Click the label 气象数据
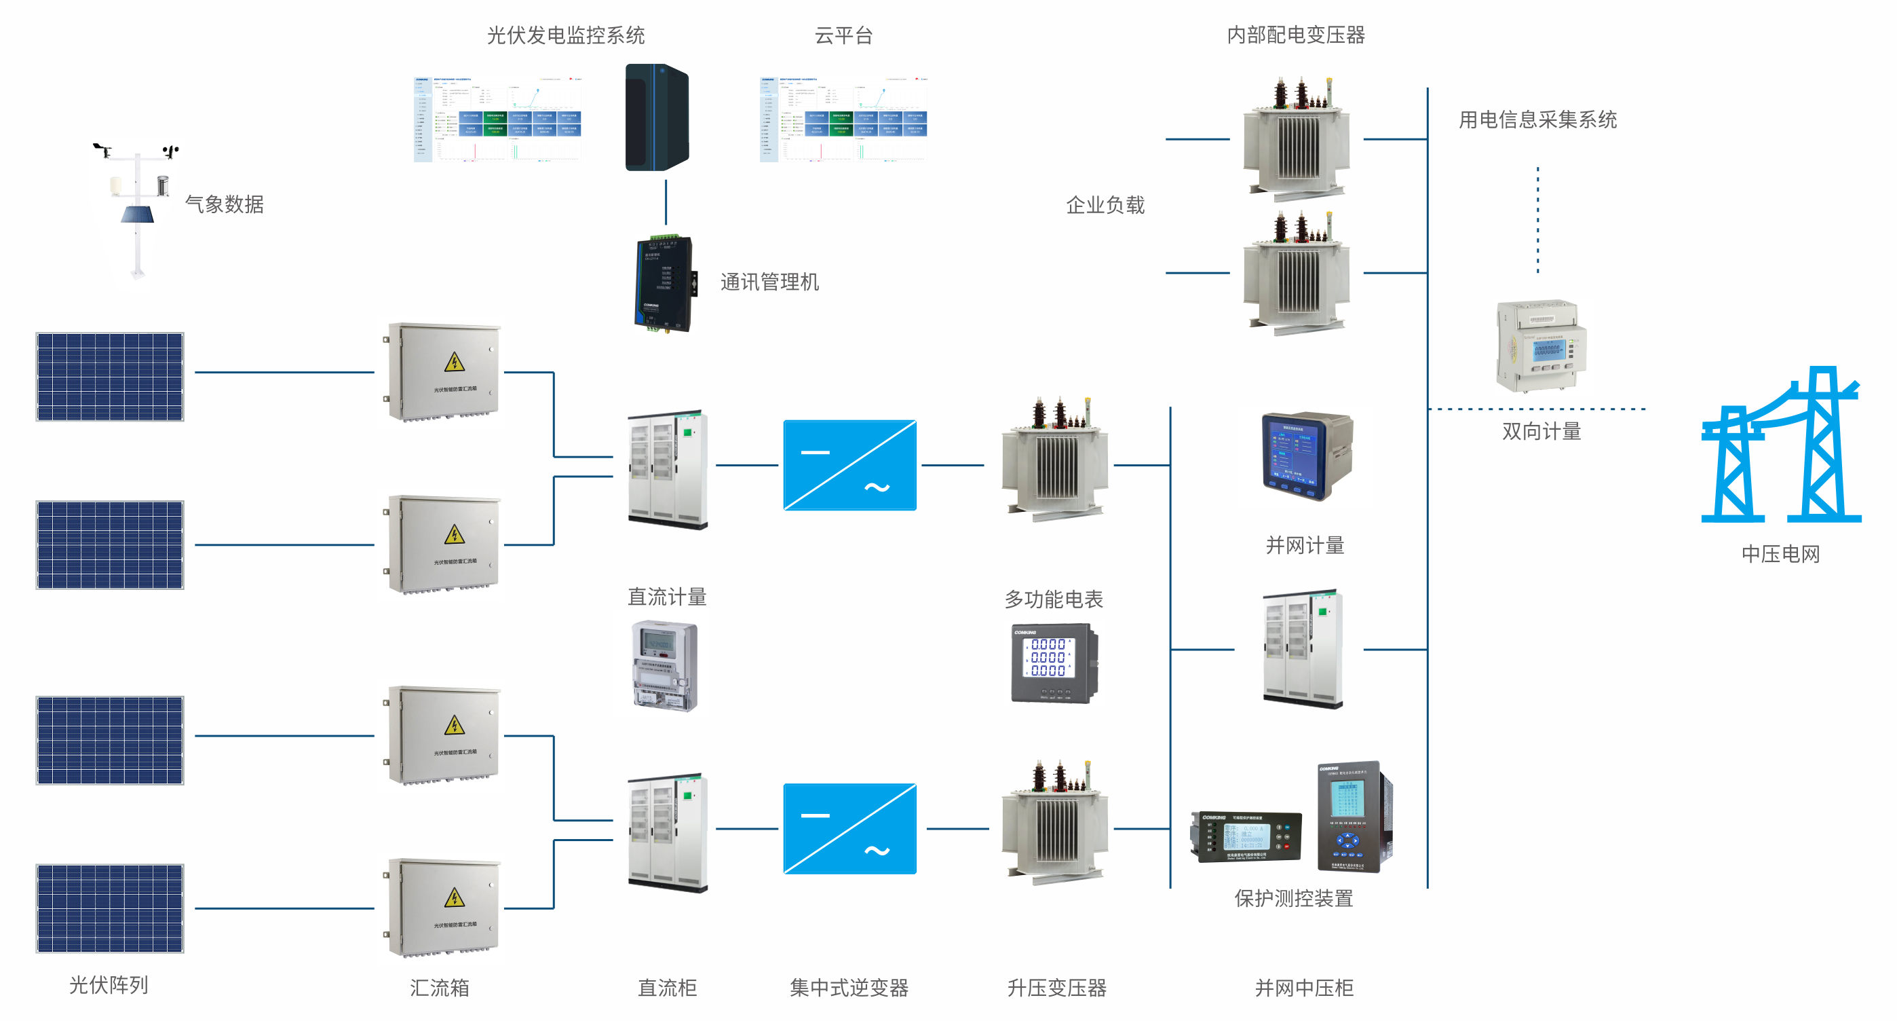pyautogui.click(x=224, y=204)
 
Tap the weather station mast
pyautogui.click(x=137, y=214)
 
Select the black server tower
pyautogui.click(x=656, y=118)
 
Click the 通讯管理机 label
pyautogui.click(x=769, y=282)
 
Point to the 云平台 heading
pyautogui.click(x=843, y=35)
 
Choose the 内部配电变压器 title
pyautogui.click(x=1295, y=35)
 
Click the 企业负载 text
pyautogui.click(x=1105, y=205)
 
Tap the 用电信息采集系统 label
pyautogui.click(x=1537, y=120)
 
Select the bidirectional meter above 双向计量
pyautogui.click(x=1541, y=346)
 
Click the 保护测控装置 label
pyautogui.click(x=1293, y=899)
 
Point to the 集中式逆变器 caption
pyautogui.click(x=848, y=988)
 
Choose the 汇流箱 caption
pyautogui.click(x=439, y=988)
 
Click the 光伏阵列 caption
pyautogui.click(x=109, y=985)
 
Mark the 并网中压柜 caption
pyautogui.click(x=1303, y=988)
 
